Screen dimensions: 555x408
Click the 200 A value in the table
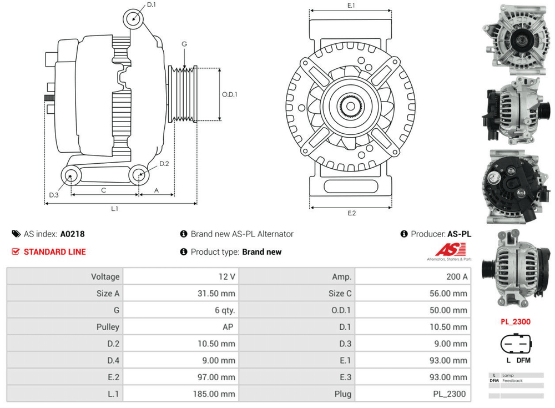(457, 276)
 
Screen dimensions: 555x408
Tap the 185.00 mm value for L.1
(214, 394)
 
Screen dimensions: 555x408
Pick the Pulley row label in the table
(108, 327)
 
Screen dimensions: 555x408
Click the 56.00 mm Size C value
(448, 293)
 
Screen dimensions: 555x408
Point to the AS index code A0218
(73, 234)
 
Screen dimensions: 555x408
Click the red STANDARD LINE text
(55, 252)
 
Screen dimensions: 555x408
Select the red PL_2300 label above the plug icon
(516, 321)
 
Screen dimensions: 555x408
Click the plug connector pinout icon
(516, 344)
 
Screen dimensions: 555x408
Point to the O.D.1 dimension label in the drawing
(229, 94)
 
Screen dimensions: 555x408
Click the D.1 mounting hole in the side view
(133, 18)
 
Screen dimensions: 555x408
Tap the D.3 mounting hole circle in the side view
(70, 175)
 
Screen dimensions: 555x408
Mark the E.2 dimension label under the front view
(351, 213)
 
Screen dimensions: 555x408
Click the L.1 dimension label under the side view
(115, 209)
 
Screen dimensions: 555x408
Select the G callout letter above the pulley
(184, 44)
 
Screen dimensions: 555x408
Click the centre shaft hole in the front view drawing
(351, 106)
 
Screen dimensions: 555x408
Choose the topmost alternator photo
(514, 39)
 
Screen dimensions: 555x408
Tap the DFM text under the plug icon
(523, 360)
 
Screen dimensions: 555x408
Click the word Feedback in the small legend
(512, 381)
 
